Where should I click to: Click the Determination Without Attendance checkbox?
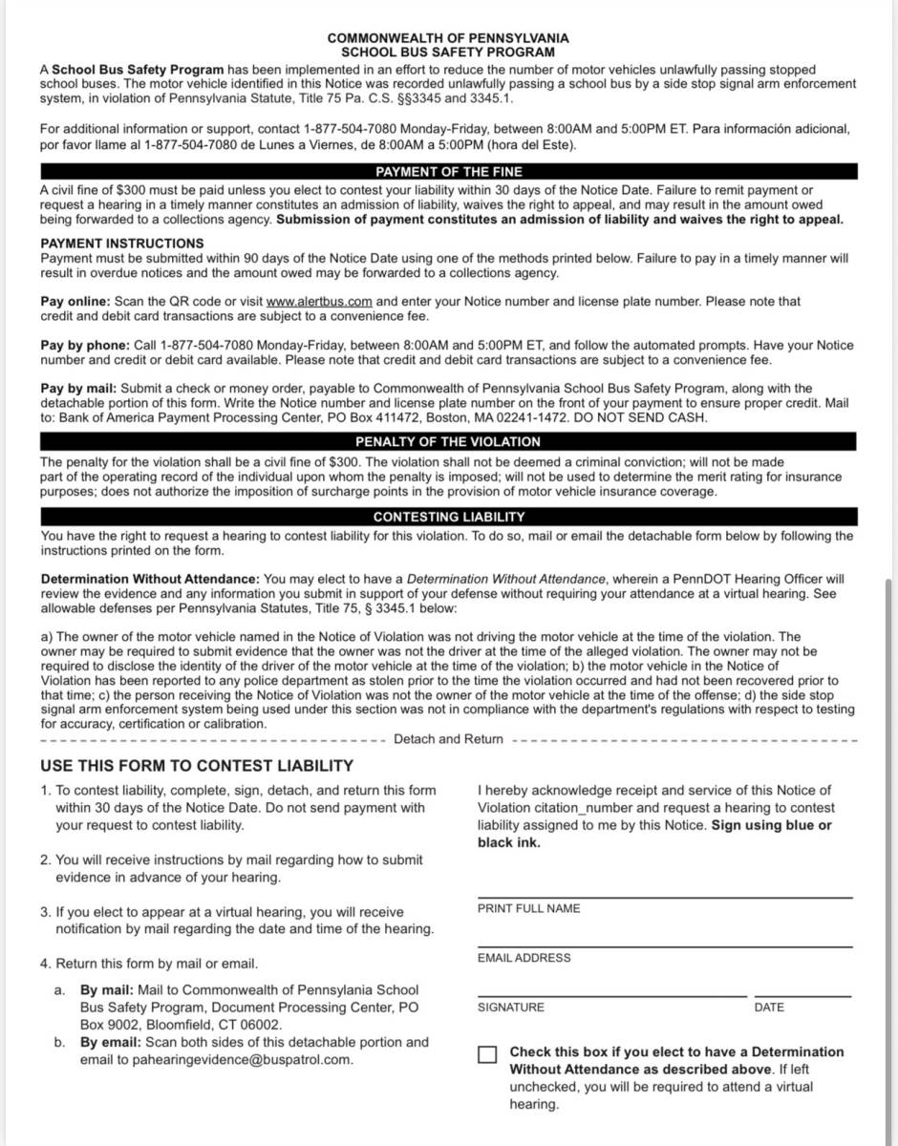tap(488, 1054)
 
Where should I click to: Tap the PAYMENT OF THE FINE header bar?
tap(448, 172)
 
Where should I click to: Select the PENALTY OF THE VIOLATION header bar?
tap(448, 442)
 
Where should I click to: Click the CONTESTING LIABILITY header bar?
tap(448, 517)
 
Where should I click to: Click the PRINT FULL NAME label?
tap(528, 908)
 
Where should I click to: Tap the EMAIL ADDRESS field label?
tap(524, 958)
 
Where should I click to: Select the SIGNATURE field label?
tap(511, 1008)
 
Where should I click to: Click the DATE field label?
tap(769, 1008)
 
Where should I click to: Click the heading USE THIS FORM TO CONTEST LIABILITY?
tap(197, 766)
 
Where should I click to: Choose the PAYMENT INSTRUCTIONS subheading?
tap(122, 244)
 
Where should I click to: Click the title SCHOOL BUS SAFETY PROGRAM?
tap(448, 53)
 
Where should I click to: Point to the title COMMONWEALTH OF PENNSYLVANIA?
tap(448, 38)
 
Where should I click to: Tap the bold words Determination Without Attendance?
tap(150, 579)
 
